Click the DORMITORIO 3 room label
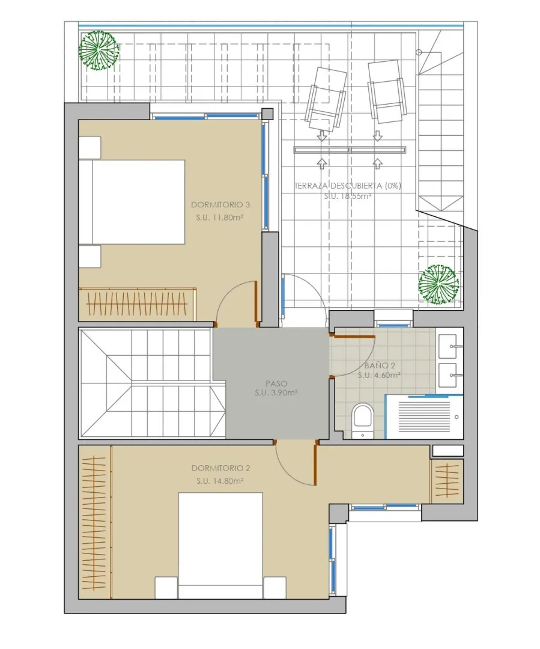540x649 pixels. click(x=220, y=204)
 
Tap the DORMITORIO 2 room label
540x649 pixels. click(x=220, y=468)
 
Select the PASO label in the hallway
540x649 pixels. click(x=276, y=383)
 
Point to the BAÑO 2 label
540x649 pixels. click(x=380, y=365)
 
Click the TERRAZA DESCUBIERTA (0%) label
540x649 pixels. click(x=348, y=186)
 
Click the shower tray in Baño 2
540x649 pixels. click(x=424, y=417)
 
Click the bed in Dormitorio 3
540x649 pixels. click(x=132, y=202)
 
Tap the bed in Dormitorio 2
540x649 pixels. click(x=220, y=545)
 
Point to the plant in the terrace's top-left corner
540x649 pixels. click(x=99, y=50)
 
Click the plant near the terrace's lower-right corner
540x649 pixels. click(x=438, y=284)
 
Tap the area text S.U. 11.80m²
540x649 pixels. click(x=219, y=218)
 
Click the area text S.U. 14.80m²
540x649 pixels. click(x=220, y=481)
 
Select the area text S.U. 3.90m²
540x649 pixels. click(x=276, y=393)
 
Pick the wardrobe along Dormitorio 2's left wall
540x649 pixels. click(x=95, y=522)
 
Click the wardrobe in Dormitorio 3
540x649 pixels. click(x=138, y=304)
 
